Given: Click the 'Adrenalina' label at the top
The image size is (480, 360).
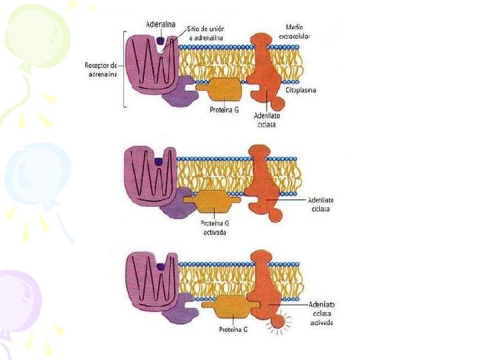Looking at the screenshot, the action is pyautogui.click(x=161, y=24).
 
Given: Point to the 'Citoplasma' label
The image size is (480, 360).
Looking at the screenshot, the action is pyautogui.click(x=300, y=90).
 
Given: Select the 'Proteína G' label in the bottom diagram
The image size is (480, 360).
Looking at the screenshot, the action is pyautogui.click(x=233, y=329).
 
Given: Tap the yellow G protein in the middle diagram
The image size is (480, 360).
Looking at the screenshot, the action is pyautogui.click(x=211, y=199).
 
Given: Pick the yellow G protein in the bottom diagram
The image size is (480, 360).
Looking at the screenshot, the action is pyautogui.click(x=230, y=307).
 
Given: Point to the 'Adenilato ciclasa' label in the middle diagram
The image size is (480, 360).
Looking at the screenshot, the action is pyautogui.click(x=322, y=204).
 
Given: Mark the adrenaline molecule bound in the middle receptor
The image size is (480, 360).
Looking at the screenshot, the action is pyautogui.click(x=158, y=161).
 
